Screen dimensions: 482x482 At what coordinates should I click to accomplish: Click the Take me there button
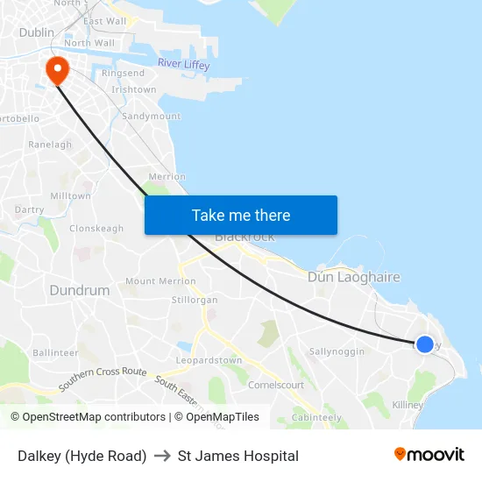pos(241,216)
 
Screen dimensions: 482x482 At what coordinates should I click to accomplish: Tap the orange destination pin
pos(58,70)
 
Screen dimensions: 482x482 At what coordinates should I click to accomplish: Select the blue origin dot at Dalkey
pos(424,344)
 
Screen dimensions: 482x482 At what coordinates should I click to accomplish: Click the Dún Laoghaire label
pos(353,277)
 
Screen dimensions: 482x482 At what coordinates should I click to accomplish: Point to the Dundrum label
pos(80,290)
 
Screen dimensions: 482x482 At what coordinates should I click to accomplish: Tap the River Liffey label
pos(184,63)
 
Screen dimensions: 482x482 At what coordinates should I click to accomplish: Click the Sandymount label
pos(152,116)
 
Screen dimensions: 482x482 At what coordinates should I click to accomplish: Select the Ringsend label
pos(124,74)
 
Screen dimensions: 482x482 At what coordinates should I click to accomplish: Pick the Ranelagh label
pos(50,145)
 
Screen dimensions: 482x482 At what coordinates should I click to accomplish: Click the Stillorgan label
pos(195,300)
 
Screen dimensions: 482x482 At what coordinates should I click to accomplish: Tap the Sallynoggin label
pos(337,351)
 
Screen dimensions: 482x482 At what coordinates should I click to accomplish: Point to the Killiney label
pos(408,405)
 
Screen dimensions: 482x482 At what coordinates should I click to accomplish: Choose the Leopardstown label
pos(209,360)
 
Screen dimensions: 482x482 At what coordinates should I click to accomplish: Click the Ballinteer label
pos(55,352)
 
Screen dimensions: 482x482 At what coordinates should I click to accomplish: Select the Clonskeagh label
pos(96,229)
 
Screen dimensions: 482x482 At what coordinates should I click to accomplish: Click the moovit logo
pos(429,455)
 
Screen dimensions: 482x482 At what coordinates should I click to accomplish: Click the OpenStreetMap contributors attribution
pos(88,417)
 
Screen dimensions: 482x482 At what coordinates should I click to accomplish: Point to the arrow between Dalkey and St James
pos(162,456)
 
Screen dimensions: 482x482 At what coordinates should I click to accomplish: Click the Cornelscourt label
pos(276,385)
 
